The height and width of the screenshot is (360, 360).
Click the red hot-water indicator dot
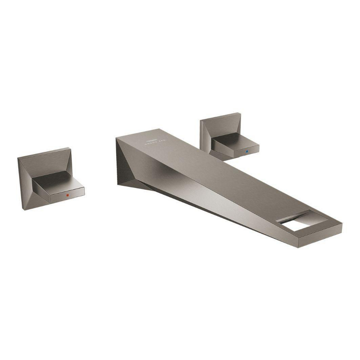67,194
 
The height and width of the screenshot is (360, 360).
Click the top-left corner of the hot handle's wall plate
18,158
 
